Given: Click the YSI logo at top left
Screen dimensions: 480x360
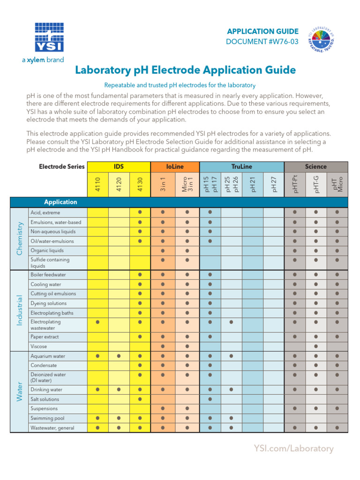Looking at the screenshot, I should point(49,37).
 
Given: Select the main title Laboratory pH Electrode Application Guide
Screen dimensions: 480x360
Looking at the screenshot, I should point(186,70).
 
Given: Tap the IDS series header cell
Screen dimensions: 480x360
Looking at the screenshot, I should point(119,166).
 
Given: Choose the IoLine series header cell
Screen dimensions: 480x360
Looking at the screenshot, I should point(175,166).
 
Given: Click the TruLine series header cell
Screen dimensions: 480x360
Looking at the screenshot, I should point(241,166).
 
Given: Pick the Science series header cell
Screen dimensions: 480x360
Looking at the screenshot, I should point(316,166).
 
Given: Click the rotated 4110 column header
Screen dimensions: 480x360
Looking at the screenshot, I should point(97,184).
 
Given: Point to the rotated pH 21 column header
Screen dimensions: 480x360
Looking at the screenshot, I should point(253,184).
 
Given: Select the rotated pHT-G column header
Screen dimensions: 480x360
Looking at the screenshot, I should point(316,184).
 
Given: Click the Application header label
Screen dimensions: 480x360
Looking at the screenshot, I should point(60,202).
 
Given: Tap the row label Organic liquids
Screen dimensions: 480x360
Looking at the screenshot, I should point(47,250).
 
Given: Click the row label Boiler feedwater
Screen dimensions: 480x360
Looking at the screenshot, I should point(48,275).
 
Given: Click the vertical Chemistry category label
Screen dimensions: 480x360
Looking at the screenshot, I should point(19,239).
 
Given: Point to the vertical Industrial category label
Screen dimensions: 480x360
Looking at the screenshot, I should point(19,310).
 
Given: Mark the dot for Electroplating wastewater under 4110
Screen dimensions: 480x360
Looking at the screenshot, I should point(97,322).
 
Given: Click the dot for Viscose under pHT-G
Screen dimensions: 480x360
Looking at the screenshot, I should point(316,346).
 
